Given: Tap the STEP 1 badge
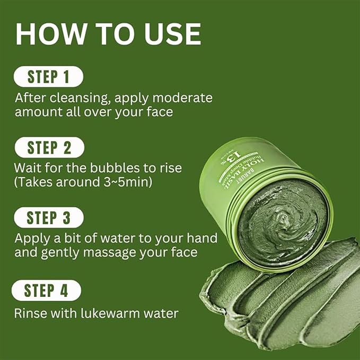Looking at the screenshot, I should [x=48, y=77].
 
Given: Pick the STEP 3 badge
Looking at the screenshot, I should [x=49, y=217].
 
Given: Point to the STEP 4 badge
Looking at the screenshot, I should [x=46, y=290].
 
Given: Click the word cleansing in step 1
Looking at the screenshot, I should [x=74, y=99].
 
